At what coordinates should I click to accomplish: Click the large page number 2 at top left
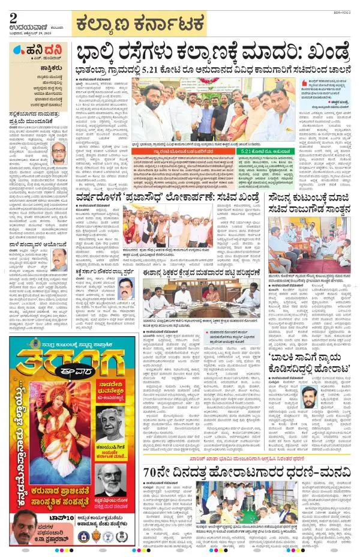(13, 16)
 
